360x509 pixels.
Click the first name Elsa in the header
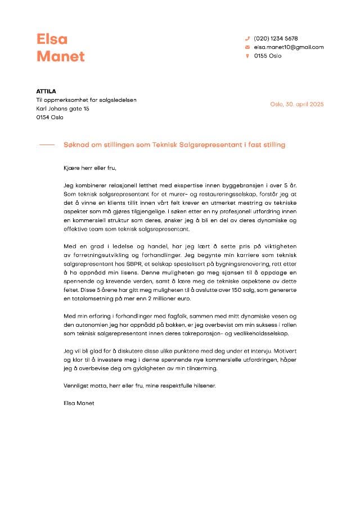(52, 39)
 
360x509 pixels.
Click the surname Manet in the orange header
(61, 56)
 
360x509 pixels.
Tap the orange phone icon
(247, 38)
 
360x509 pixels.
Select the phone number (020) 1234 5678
(276, 38)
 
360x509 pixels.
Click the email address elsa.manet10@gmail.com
(289, 47)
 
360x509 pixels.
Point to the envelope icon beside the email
(247, 47)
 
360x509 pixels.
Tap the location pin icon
(247, 56)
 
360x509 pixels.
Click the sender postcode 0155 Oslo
(268, 56)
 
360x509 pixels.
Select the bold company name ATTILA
(46, 91)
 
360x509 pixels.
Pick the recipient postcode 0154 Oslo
(49, 117)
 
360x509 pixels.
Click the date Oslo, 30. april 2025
(297, 104)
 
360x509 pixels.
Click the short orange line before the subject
(47, 145)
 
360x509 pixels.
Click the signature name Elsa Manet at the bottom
(79, 403)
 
